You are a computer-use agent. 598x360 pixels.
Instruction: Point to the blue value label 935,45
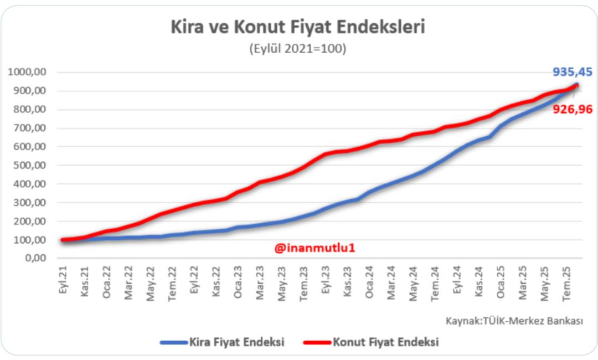click(x=572, y=71)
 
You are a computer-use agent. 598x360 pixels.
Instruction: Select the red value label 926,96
click(x=573, y=110)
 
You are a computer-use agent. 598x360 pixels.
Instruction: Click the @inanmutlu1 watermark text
click(x=315, y=249)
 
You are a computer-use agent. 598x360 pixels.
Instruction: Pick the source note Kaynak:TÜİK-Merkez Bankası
click(x=514, y=321)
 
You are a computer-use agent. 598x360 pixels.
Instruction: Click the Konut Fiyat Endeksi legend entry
click(x=372, y=342)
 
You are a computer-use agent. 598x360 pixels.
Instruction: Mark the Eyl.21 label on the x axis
click(x=63, y=282)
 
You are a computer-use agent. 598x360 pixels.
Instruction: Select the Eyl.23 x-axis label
click(x=326, y=282)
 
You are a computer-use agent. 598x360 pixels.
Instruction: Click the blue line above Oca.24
click(x=370, y=192)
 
